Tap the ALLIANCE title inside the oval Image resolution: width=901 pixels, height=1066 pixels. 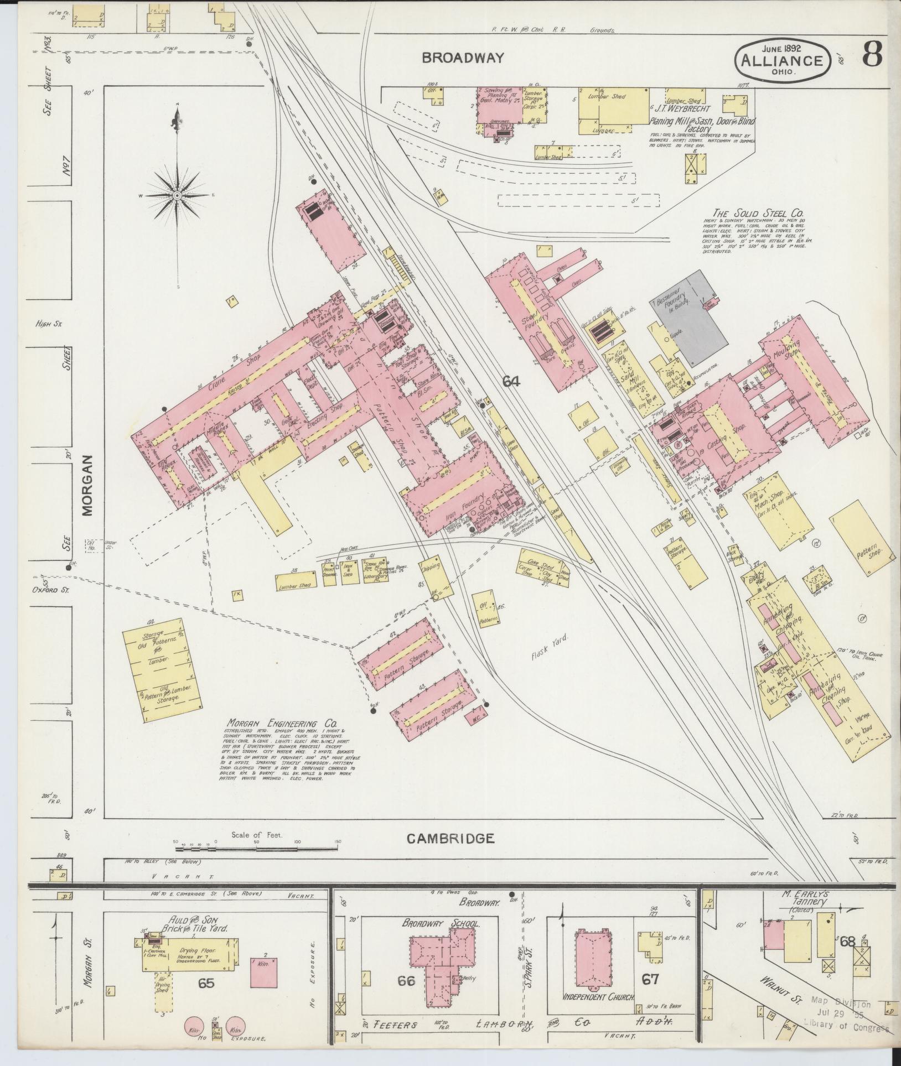pyautogui.click(x=782, y=61)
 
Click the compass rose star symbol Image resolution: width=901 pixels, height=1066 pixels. pyautogui.click(x=177, y=196)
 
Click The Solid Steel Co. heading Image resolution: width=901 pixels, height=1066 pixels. pyautogui.click(x=758, y=214)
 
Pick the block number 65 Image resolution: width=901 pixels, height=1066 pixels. pyautogui.click(x=206, y=983)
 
